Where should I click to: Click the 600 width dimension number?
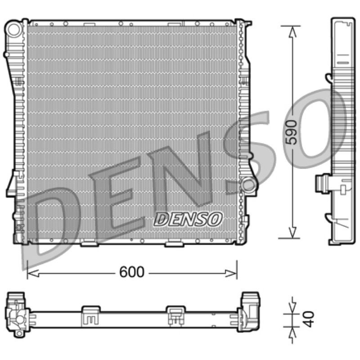coord(132,272)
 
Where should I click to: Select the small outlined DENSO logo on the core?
coord(188,219)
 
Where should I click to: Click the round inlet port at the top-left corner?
coord(14,30)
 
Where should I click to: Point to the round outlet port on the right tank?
coord(247,185)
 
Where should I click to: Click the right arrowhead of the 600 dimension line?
coord(231,273)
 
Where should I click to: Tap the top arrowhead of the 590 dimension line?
coord(292,31)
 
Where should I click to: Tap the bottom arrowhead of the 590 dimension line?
coord(292,232)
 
